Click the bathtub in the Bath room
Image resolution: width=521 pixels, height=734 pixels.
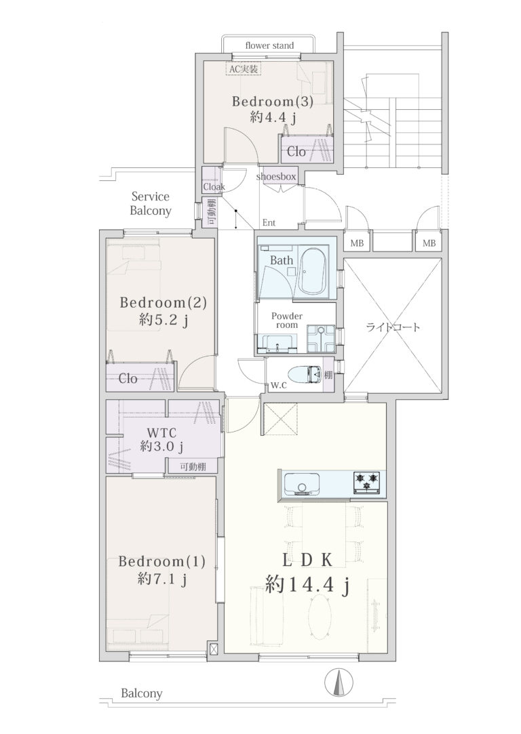315,271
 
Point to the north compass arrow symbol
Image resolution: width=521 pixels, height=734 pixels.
338,682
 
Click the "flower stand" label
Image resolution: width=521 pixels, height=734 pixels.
269,45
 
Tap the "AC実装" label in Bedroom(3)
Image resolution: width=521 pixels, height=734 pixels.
243,69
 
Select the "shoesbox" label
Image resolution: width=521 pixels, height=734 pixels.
276,176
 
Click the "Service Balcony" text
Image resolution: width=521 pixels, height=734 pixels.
151,203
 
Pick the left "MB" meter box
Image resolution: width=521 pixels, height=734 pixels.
357,243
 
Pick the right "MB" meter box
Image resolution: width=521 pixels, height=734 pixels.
429,243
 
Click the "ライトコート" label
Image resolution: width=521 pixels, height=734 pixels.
393,327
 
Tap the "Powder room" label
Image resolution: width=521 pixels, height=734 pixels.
287,320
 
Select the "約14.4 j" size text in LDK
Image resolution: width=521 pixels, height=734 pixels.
308,585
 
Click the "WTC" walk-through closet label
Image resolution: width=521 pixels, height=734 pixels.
161,432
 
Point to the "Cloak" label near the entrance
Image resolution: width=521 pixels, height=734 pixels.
214,186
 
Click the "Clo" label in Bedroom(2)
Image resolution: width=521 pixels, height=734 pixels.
128,378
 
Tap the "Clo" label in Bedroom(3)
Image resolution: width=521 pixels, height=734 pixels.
296,152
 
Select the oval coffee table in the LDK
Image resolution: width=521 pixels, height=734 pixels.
321,617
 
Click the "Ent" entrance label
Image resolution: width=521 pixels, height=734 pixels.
269,223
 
